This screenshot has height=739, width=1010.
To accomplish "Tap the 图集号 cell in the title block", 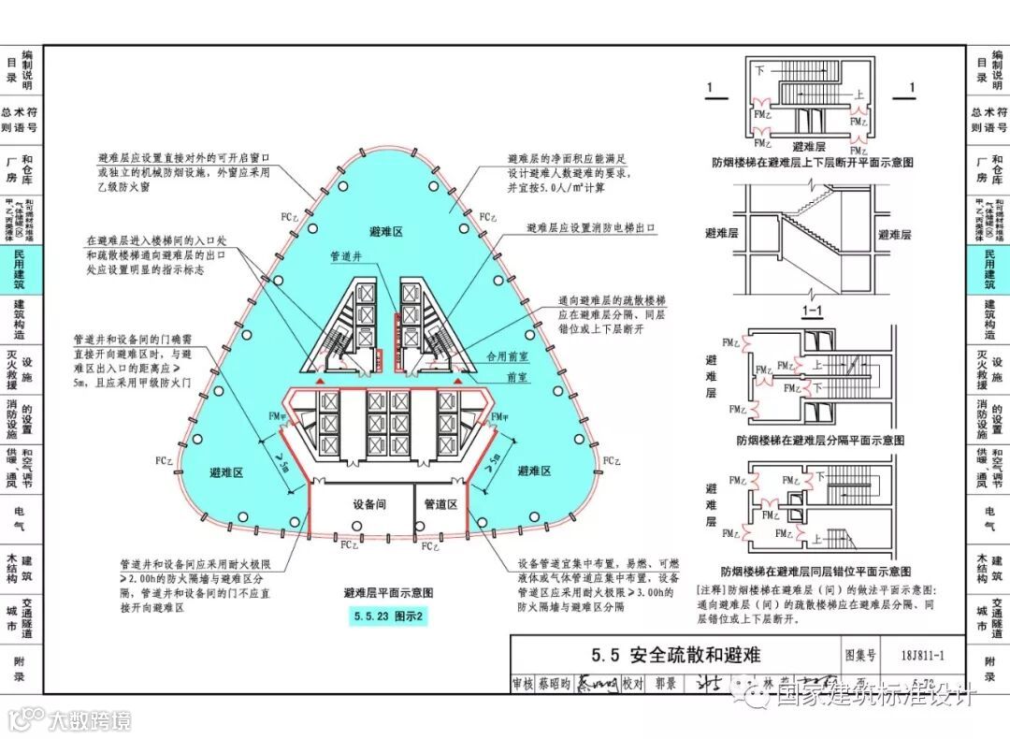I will point(860,655).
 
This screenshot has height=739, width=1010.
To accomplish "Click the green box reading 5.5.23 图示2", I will point(388,616).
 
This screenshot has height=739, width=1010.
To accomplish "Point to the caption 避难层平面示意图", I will point(388,593).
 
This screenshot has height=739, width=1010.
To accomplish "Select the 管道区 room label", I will point(440,504).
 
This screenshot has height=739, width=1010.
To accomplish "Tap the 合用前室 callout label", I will point(508,356).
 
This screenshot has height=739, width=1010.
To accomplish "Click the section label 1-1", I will point(810,310).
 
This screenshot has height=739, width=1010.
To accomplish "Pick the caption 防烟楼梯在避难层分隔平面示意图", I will point(820,440).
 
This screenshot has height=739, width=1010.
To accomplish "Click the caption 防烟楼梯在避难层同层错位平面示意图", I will point(815,571).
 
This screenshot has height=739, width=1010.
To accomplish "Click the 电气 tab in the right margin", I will point(990,519).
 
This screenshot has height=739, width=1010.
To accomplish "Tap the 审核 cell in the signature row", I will point(524,684).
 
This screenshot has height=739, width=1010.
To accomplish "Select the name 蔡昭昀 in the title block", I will point(554,684).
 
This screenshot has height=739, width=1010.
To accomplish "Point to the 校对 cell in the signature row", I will point(634,684).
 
